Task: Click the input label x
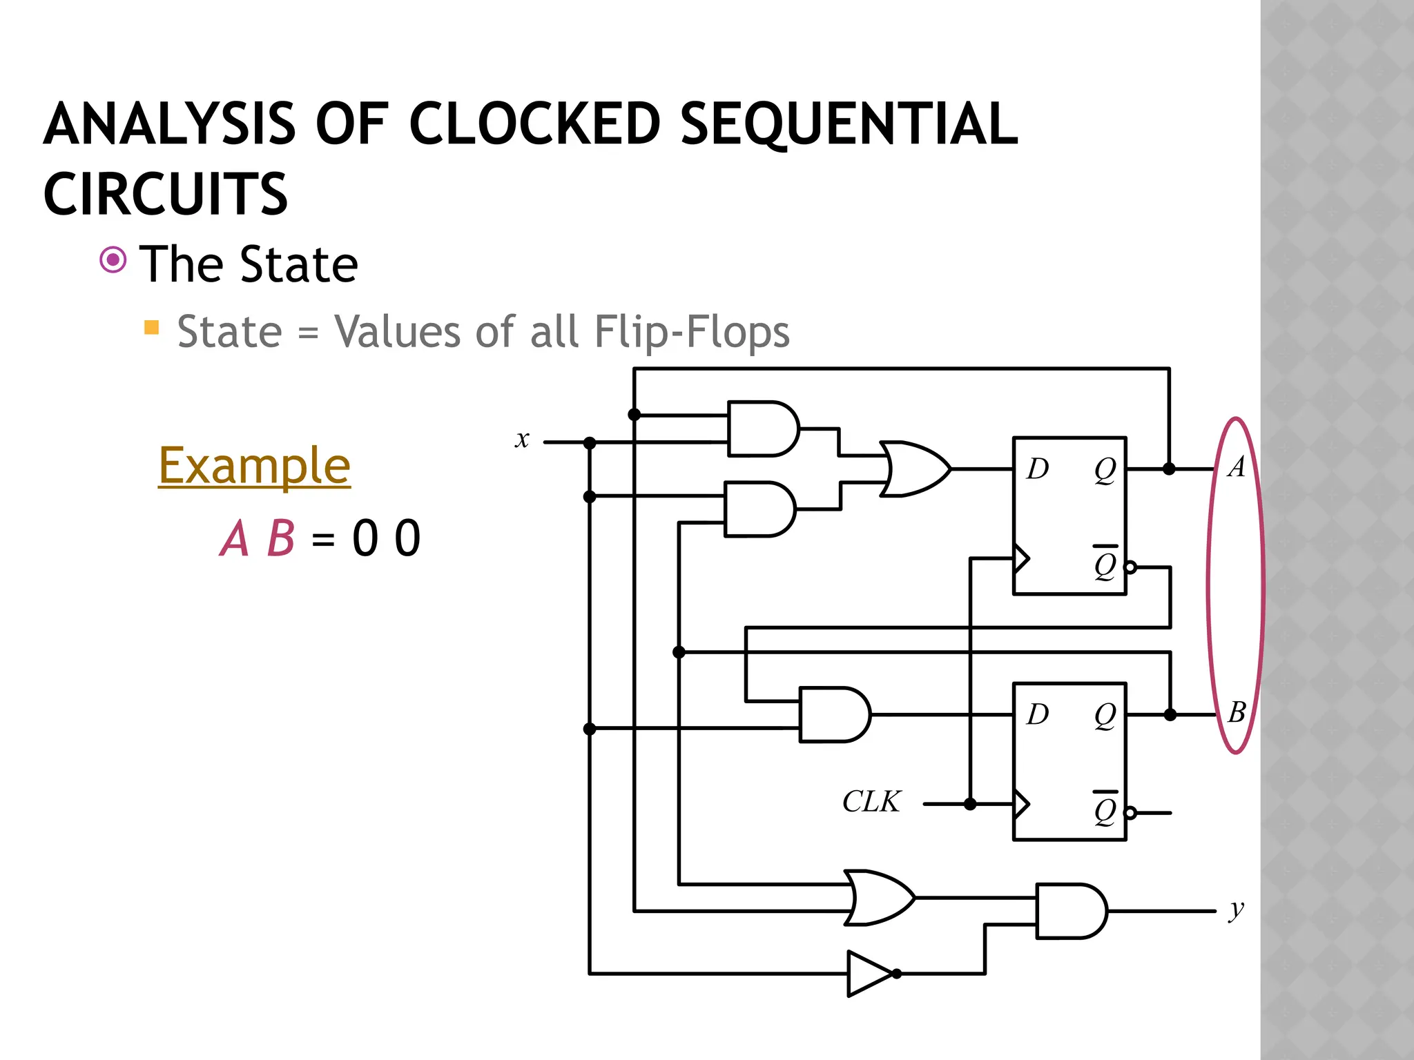(x=522, y=440)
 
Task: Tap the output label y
(x=1236, y=910)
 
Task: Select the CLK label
(x=871, y=802)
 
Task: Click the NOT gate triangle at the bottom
(x=869, y=974)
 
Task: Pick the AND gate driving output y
(x=1070, y=911)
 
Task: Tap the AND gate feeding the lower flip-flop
(x=833, y=714)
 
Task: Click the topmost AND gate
(x=762, y=429)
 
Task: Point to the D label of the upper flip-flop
(x=1037, y=469)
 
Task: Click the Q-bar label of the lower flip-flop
(x=1105, y=809)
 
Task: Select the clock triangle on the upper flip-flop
(x=1021, y=558)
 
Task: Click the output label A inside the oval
(x=1236, y=467)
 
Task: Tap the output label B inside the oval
(x=1237, y=712)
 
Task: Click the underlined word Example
(x=254, y=466)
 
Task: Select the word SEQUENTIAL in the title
(x=849, y=124)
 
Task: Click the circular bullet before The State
(x=113, y=260)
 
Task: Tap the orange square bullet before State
(x=151, y=327)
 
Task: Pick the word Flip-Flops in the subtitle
(x=692, y=332)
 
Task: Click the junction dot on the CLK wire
(x=970, y=804)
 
